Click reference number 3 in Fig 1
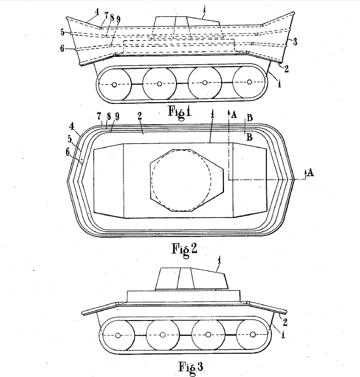point(295,42)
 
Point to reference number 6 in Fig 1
point(62,49)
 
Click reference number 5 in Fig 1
point(63,32)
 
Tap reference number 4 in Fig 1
point(96,11)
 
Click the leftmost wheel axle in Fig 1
point(115,85)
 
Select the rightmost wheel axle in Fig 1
point(249,82)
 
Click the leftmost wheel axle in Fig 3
point(118,335)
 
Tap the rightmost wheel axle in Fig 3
point(253,335)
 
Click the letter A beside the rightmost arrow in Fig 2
point(310,172)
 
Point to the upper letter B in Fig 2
point(250,117)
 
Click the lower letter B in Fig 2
point(250,137)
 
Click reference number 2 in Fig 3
point(285,322)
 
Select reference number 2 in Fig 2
point(139,116)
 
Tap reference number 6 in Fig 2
point(68,152)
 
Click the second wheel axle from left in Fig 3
point(163,335)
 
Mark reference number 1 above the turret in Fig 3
point(219,260)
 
